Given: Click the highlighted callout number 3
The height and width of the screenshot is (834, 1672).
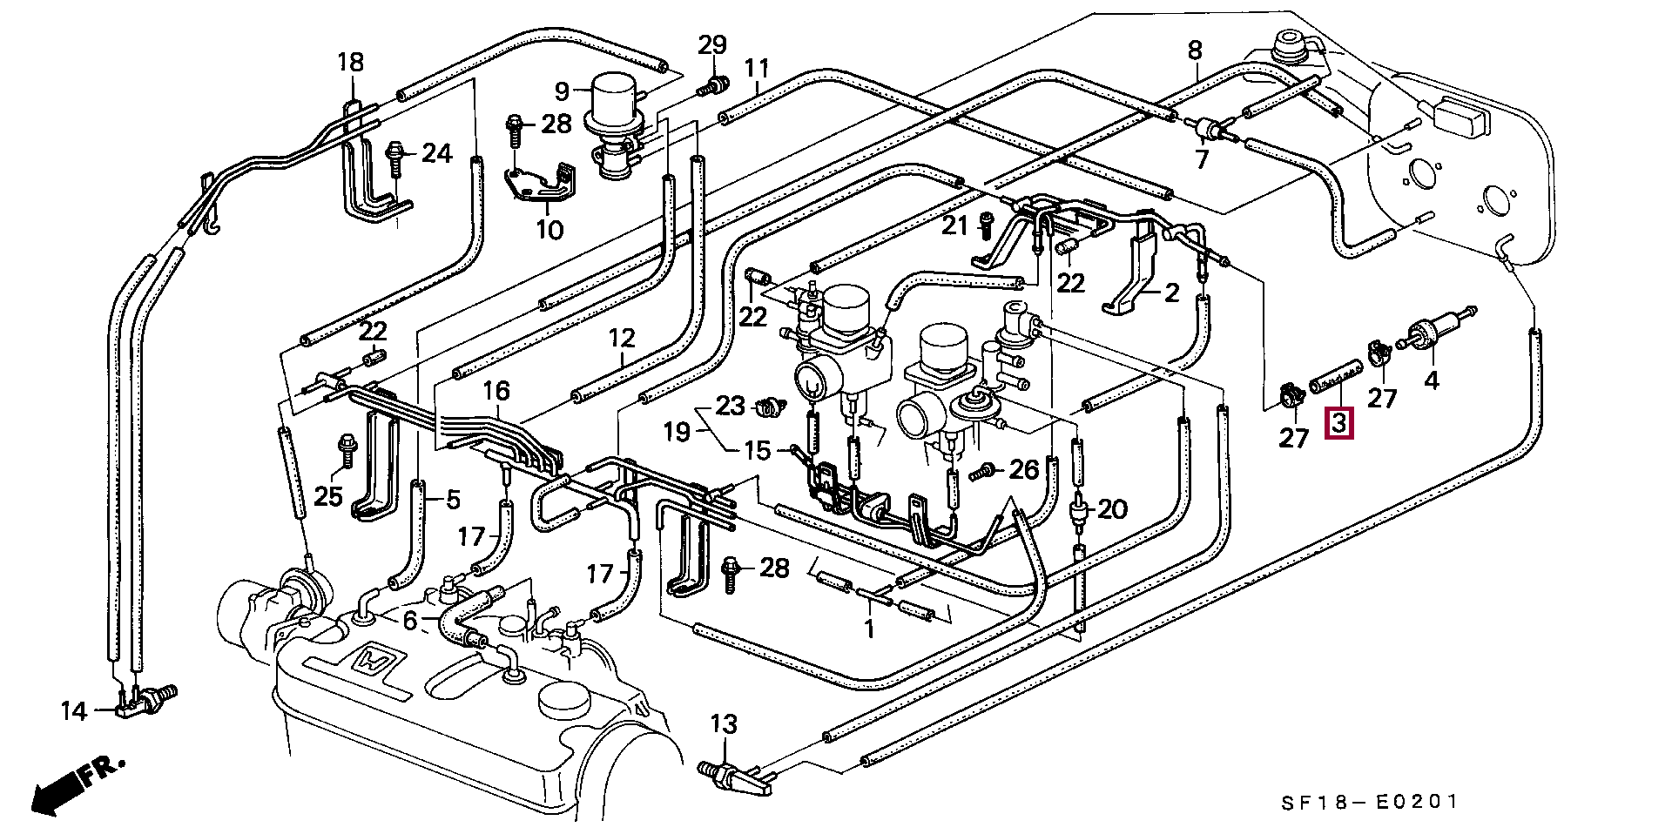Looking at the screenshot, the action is tap(1338, 424).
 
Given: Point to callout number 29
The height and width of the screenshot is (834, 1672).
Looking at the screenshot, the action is tap(711, 44).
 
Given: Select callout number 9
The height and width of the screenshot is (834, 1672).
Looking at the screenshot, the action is tap(562, 90).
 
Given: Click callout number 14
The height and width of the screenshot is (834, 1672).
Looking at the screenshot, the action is tap(74, 711).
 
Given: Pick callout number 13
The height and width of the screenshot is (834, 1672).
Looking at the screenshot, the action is tap(723, 724).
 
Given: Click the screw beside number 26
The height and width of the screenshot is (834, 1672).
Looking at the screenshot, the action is tap(981, 471).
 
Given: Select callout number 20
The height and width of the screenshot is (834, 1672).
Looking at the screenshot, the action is tap(1113, 508).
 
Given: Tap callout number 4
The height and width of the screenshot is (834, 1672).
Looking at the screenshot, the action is tap(1432, 380).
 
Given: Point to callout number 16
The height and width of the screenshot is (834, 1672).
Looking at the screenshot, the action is tap(497, 391).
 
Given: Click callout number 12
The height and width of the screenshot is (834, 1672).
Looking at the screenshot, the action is tap(622, 338).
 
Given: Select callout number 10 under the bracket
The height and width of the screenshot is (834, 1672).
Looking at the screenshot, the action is tap(549, 230).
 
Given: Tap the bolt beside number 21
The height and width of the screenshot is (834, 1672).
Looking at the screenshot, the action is tap(987, 226).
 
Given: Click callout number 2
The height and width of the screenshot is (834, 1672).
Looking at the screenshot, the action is tap(1171, 293).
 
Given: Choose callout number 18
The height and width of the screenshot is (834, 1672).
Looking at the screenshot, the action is tap(350, 62).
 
